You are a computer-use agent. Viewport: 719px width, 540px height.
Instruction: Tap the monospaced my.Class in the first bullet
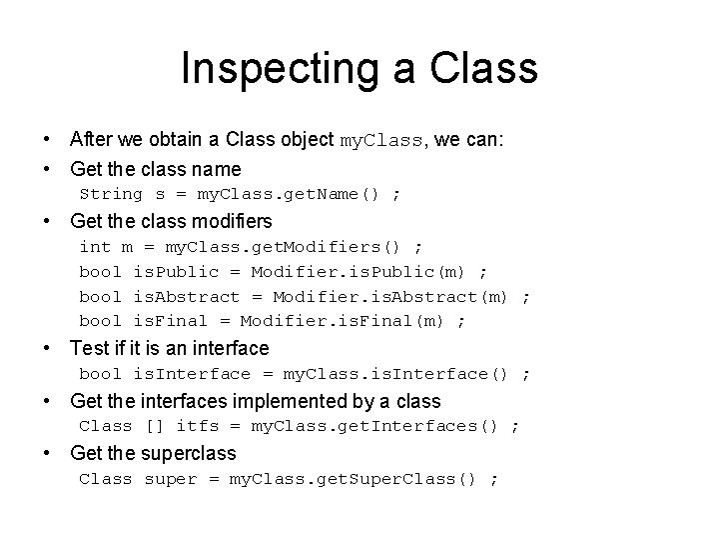(381, 141)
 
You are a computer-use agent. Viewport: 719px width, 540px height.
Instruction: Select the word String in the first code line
(111, 193)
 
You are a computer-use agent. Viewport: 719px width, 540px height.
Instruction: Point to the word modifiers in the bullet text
(234, 220)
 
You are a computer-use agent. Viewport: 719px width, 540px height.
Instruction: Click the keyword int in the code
(95, 246)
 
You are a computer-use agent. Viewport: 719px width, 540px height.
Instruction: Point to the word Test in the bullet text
(88, 348)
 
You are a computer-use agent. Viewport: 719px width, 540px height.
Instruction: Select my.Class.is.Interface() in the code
(397, 374)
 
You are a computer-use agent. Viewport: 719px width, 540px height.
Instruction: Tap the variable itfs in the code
(197, 426)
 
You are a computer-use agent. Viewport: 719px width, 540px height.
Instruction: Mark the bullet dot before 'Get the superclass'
(48, 453)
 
